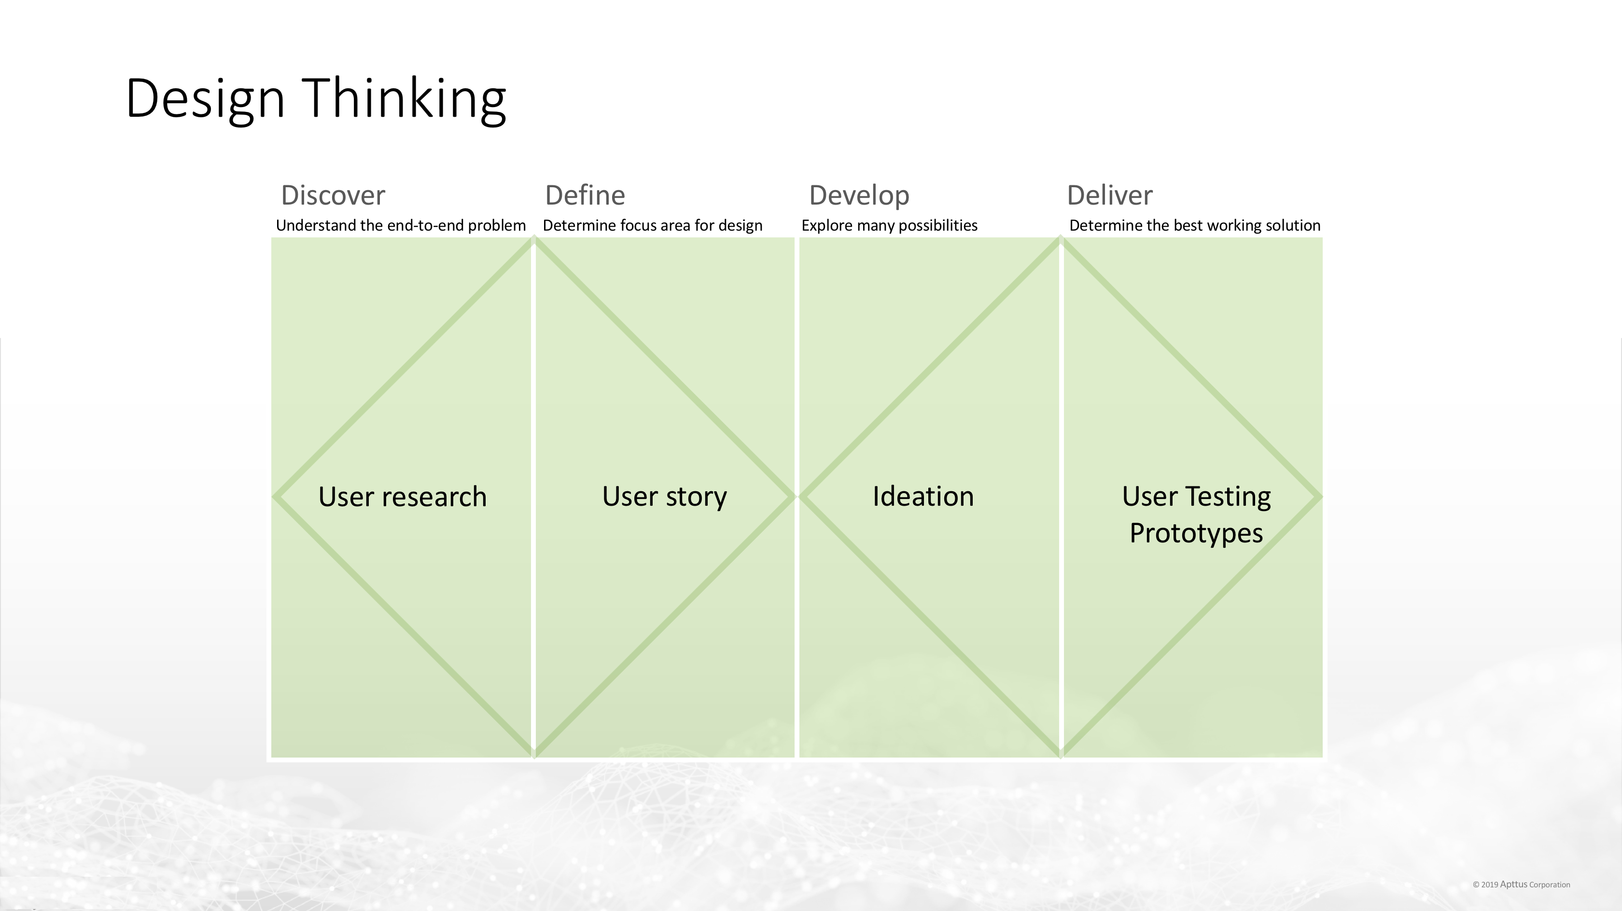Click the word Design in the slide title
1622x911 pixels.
click(x=205, y=98)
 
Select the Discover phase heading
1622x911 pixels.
click(x=333, y=195)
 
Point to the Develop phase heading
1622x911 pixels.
click(x=859, y=195)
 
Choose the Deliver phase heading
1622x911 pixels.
click(x=1109, y=195)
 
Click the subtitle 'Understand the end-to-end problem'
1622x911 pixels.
click(x=401, y=225)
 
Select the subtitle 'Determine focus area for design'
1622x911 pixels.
click(x=652, y=225)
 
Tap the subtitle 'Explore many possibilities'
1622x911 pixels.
click(x=889, y=225)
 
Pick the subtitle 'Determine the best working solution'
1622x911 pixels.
click(x=1194, y=225)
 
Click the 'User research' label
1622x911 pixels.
click(x=402, y=497)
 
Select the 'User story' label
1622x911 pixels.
click(x=664, y=497)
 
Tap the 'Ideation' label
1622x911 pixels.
click(x=923, y=497)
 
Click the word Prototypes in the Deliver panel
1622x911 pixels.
click(x=1196, y=533)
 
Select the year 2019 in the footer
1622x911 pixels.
click(x=1490, y=884)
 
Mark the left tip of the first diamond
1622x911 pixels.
click(x=275, y=497)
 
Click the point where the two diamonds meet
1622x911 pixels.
click(x=797, y=497)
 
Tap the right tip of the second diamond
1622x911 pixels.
click(x=1319, y=497)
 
